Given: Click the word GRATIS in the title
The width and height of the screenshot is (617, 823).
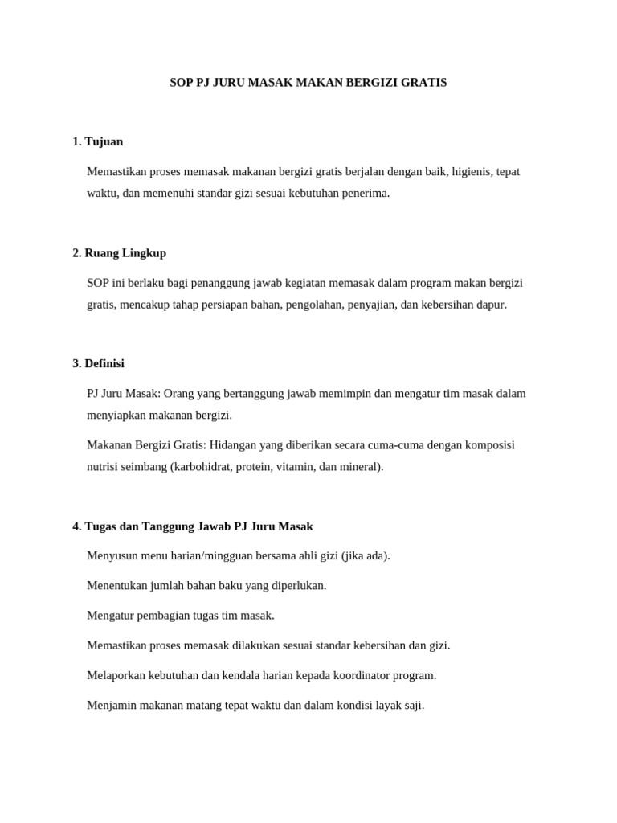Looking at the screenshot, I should (x=425, y=82).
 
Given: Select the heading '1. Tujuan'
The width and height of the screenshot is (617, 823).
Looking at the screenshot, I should (x=97, y=141).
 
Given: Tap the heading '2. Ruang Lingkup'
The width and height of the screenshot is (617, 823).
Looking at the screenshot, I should (x=119, y=252).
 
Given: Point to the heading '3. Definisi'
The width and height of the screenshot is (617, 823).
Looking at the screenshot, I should (x=98, y=363).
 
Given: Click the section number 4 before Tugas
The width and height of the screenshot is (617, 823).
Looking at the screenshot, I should (x=76, y=526).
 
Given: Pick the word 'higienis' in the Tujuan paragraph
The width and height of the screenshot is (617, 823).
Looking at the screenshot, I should (x=471, y=171).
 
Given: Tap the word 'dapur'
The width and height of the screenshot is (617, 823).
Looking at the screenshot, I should (x=492, y=305).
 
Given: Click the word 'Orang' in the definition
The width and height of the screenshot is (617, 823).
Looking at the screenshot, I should (x=179, y=393).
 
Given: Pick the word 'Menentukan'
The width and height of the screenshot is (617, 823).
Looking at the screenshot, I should (x=117, y=585).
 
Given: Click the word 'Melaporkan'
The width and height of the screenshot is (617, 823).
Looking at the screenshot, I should (x=116, y=675).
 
